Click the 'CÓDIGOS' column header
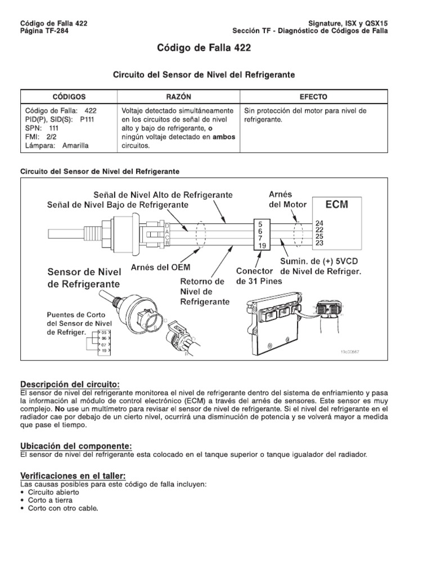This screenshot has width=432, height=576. coord(69,97)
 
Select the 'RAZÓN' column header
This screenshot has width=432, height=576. coord(178,97)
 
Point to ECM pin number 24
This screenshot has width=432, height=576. coord(320,222)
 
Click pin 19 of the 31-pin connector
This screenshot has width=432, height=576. coord(260,245)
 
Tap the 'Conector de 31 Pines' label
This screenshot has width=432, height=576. coord(255,276)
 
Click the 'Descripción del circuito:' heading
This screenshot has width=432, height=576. coord(70,384)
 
